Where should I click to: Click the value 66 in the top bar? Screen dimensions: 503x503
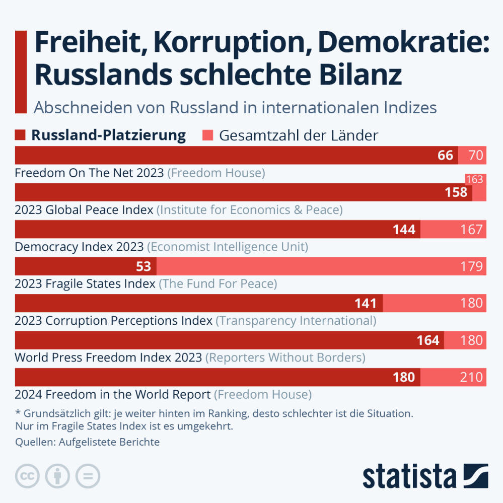(445, 155)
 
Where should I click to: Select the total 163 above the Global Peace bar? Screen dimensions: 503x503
(474, 179)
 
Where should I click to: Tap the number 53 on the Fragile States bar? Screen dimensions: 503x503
(143, 266)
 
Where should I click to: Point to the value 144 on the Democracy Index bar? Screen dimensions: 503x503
(404, 230)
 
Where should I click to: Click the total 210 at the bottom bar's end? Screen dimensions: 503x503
(471, 377)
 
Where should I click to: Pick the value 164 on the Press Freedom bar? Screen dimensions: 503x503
(428, 340)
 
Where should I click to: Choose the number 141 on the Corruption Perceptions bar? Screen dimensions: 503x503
(366, 303)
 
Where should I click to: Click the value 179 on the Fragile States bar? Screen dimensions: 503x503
(471, 266)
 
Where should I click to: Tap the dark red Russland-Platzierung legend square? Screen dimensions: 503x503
(20, 135)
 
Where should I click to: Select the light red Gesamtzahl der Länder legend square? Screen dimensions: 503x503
(208, 135)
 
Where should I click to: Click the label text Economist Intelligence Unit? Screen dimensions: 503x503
(227, 247)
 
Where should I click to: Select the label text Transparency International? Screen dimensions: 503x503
(296, 321)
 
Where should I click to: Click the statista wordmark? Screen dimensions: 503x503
(409, 476)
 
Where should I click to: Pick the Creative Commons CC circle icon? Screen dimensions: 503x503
(28, 476)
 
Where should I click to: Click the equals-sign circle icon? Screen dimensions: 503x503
(88, 476)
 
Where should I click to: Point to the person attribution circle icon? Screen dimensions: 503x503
(58, 476)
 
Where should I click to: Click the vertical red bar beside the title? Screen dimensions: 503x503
(21, 72)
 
